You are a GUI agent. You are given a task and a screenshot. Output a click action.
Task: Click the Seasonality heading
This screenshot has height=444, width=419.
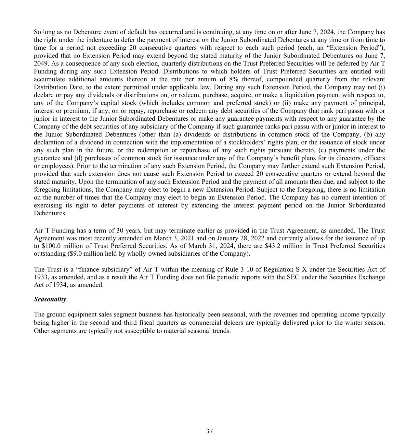pos(50,299)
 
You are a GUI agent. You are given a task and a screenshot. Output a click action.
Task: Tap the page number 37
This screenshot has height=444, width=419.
pos(209,431)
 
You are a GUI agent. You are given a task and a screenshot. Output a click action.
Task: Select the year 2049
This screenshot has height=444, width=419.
pos(41,63)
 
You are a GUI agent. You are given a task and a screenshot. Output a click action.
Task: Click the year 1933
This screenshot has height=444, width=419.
pos(41,277)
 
